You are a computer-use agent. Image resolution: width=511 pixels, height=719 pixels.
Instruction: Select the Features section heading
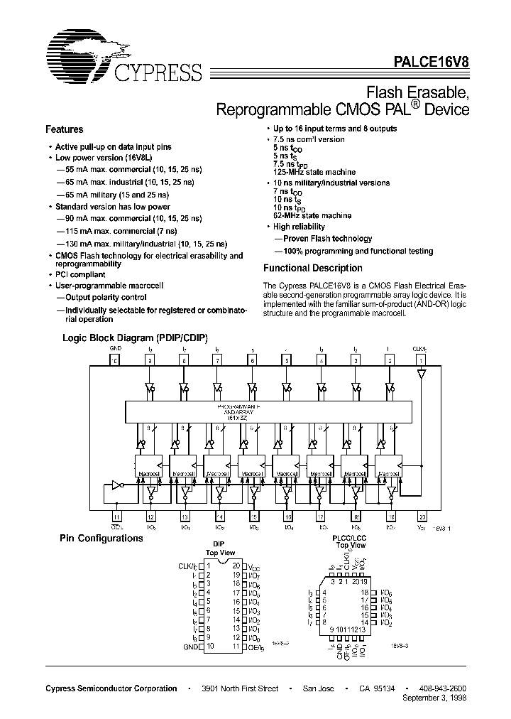coord(65,130)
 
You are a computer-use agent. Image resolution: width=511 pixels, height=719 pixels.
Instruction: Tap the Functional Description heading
coord(313,269)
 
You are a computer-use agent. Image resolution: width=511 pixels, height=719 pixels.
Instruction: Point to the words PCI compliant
coord(80,274)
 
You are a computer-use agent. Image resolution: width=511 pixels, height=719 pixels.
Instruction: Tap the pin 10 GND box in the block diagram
coord(115,360)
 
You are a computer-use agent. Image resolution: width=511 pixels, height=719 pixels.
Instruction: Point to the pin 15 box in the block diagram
coord(253,518)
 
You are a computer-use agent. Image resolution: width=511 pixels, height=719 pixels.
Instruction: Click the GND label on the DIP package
coord(189,646)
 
